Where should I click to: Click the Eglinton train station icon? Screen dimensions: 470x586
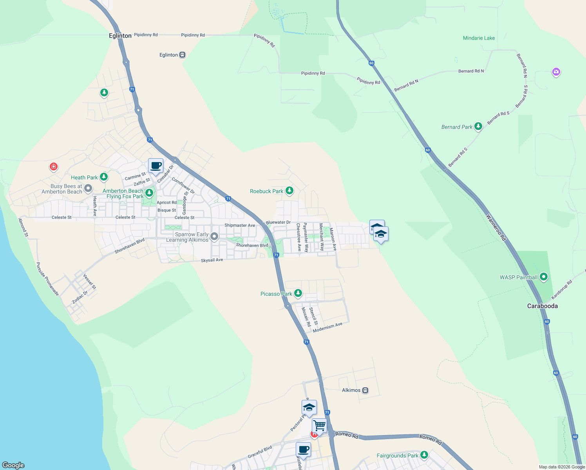(x=182, y=55)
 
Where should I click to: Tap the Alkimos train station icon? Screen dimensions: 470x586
(x=365, y=390)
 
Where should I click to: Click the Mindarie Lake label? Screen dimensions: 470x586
(x=479, y=38)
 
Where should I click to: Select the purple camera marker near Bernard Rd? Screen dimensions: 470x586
(x=556, y=72)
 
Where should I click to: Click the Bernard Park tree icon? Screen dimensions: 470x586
(x=478, y=127)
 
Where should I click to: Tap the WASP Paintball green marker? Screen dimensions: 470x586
(x=543, y=277)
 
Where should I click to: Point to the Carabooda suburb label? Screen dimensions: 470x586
(x=542, y=306)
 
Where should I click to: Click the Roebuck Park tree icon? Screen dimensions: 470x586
(x=289, y=191)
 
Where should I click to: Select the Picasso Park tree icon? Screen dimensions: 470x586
(x=298, y=293)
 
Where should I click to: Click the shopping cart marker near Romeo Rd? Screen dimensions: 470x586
(x=319, y=425)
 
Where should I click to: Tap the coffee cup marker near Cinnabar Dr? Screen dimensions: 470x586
(x=156, y=166)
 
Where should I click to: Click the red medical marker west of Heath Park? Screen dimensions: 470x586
(x=54, y=167)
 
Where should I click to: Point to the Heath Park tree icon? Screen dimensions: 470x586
(x=103, y=177)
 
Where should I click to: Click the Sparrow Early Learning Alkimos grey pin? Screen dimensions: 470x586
(x=214, y=237)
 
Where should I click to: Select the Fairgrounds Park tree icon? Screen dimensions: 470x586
(x=424, y=455)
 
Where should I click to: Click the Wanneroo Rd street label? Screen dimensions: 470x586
(x=496, y=227)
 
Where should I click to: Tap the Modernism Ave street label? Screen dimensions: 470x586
(x=327, y=327)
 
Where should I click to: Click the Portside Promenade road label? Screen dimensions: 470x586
(x=47, y=279)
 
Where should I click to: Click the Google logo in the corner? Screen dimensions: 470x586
(x=13, y=465)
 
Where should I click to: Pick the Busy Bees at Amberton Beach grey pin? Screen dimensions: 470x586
(x=88, y=189)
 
